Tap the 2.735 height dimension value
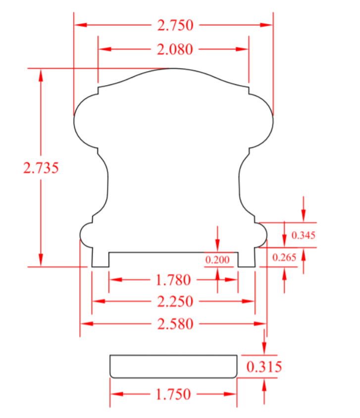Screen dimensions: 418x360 (x=41, y=168)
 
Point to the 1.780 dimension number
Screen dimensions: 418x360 (x=173, y=280)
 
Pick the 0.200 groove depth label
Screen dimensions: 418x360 (x=218, y=260)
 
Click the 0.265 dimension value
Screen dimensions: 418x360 (x=284, y=257)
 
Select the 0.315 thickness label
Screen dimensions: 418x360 (x=264, y=367)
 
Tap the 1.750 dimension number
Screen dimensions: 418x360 (x=173, y=394)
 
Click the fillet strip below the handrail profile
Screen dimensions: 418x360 (x=173, y=366)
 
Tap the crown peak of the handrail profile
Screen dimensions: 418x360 (x=173, y=69)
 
